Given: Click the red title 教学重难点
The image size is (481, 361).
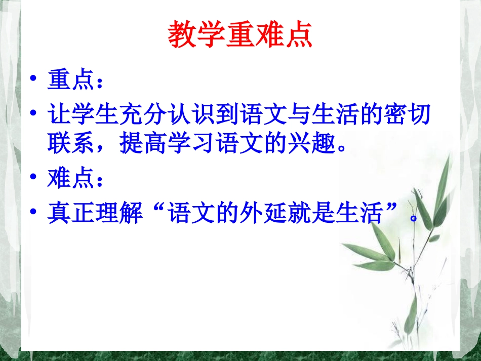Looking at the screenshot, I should click(x=240, y=34).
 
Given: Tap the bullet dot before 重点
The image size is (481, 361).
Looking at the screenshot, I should click(x=33, y=80).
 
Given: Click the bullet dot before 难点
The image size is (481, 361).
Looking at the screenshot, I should click(x=33, y=178).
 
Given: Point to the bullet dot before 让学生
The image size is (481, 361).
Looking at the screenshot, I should click(x=33, y=113).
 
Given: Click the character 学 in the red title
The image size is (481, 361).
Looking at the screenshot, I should click(x=211, y=34).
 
